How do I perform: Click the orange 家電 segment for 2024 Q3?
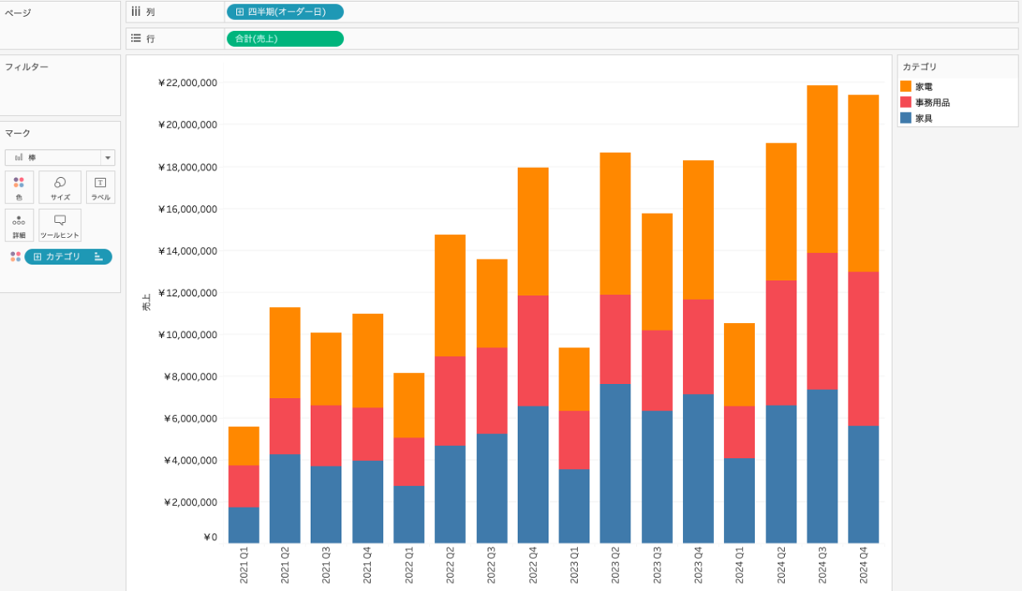pos(822,169)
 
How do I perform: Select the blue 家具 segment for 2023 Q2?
pos(615,463)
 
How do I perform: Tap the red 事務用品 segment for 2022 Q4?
pos(533,351)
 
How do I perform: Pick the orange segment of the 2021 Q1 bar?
pos(243,446)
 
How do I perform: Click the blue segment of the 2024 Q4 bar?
pos(863,484)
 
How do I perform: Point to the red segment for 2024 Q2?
pos(781,342)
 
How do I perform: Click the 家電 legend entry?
pos(923,87)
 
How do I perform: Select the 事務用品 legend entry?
pos(932,103)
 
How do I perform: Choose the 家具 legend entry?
pos(923,119)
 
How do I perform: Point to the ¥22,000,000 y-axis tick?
pos(187,83)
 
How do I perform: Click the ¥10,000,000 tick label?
pos(187,335)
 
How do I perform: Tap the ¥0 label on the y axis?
pos(210,538)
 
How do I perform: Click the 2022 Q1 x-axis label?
pos(409,566)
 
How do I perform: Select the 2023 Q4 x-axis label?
pos(698,566)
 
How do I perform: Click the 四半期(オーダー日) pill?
pos(285,12)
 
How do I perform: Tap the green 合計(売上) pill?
pos(285,38)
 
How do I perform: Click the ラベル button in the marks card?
pos(100,188)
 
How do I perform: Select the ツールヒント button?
pos(60,225)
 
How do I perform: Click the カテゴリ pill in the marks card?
pos(68,256)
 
